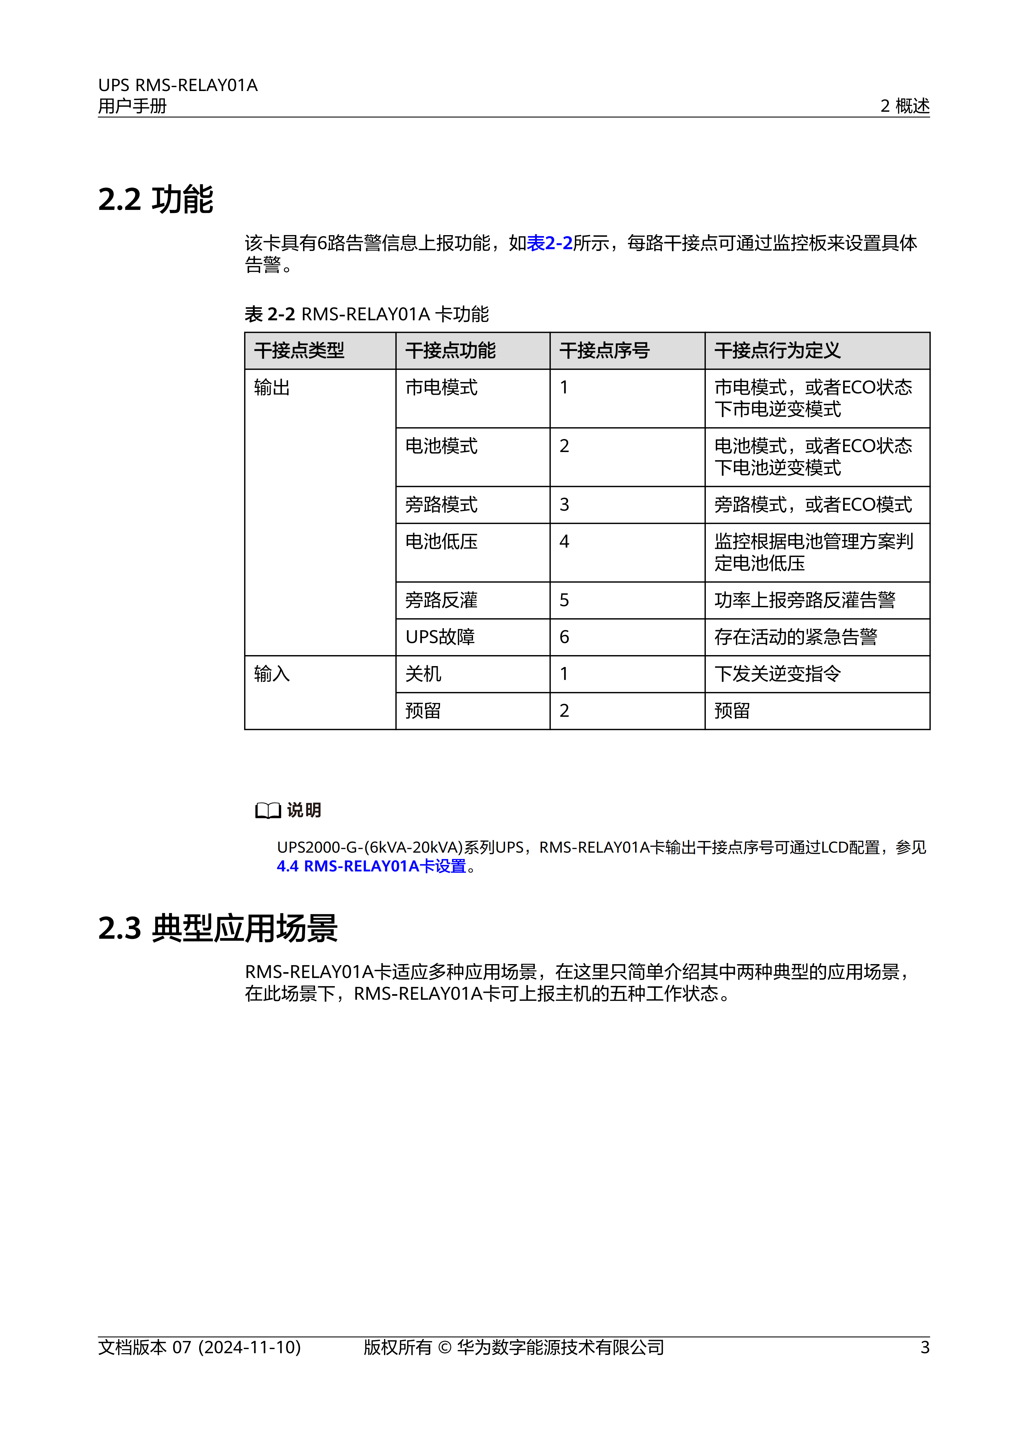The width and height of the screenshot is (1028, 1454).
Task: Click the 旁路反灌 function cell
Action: point(441,600)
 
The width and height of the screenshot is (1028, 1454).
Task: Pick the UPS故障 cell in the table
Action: point(440,636)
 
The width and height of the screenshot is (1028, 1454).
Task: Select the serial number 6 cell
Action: point(564,636)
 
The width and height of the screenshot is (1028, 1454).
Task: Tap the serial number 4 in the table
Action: point(564,541)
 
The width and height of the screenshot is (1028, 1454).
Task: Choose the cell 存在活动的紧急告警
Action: point(795,636)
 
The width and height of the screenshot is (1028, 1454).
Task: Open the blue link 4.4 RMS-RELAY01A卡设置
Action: point(372,866)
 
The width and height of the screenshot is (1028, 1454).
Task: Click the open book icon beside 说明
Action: point(268,811)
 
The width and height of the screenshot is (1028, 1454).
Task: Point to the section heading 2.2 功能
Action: point(156,199)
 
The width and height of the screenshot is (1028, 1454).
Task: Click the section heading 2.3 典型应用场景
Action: point(218,928)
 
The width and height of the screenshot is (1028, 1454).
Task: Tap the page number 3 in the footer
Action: point(924,1347)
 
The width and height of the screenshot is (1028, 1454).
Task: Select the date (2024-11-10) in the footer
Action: point(249,1347)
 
